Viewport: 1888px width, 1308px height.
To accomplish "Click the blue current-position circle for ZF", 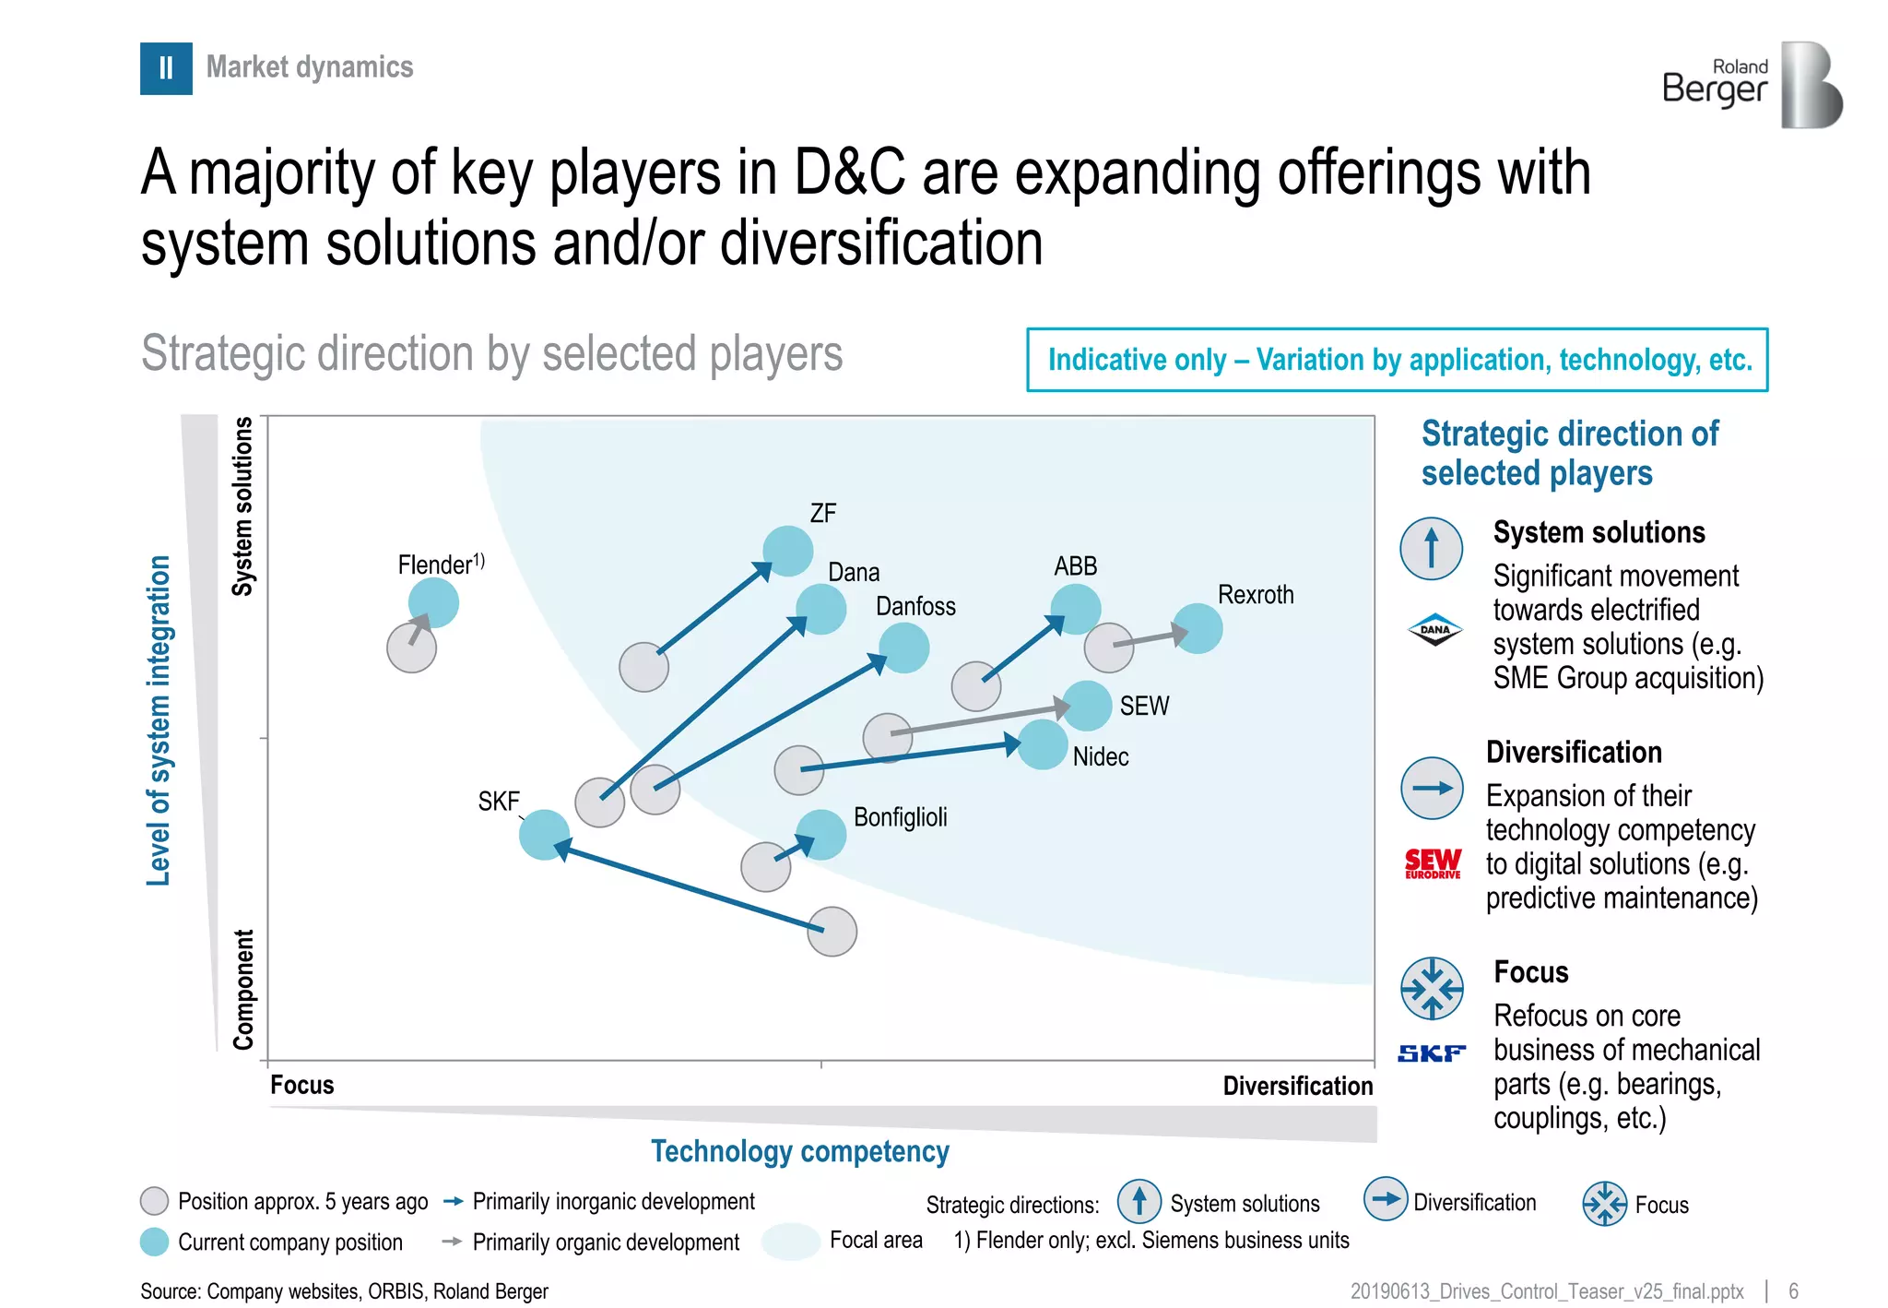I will (x=788, y=552).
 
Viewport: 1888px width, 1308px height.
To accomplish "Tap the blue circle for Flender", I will (x=433, y=603).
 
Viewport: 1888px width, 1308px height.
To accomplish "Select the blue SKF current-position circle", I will (x=544, y=835).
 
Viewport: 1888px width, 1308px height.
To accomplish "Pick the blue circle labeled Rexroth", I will (x=1198, y=629).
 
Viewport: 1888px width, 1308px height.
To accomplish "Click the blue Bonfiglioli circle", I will (x=820, y=835).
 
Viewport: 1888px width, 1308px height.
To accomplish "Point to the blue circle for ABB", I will (x=1076, y=610).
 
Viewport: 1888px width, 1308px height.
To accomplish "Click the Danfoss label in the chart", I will (x=915, y=606).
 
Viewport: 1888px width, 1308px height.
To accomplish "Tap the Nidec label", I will (x=1101, y=756).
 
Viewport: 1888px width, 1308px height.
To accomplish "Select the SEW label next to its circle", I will (x=1144, y=706).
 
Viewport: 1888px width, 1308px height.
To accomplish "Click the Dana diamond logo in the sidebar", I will (x=1434, y=630).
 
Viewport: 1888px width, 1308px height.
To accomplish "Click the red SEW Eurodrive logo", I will (x=1433, y=863).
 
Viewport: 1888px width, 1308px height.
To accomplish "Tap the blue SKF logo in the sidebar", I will (x=1432, y=1053).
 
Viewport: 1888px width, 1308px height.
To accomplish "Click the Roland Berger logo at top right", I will (x=1752, y=85).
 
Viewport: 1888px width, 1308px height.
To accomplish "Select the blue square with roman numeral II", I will (x=166, y=68).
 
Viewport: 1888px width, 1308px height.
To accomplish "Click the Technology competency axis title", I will (x=800, y=1151).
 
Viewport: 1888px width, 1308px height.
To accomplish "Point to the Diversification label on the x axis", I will (x=1297, y=1086).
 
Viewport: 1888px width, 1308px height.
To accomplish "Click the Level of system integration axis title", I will (x=159, y=720).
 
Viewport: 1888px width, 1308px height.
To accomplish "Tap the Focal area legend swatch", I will (x=791, y=1241).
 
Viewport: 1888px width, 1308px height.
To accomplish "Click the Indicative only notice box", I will (x=1397, y=360).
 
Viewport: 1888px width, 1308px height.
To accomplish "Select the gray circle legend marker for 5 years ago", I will (x=154, y=1201).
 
